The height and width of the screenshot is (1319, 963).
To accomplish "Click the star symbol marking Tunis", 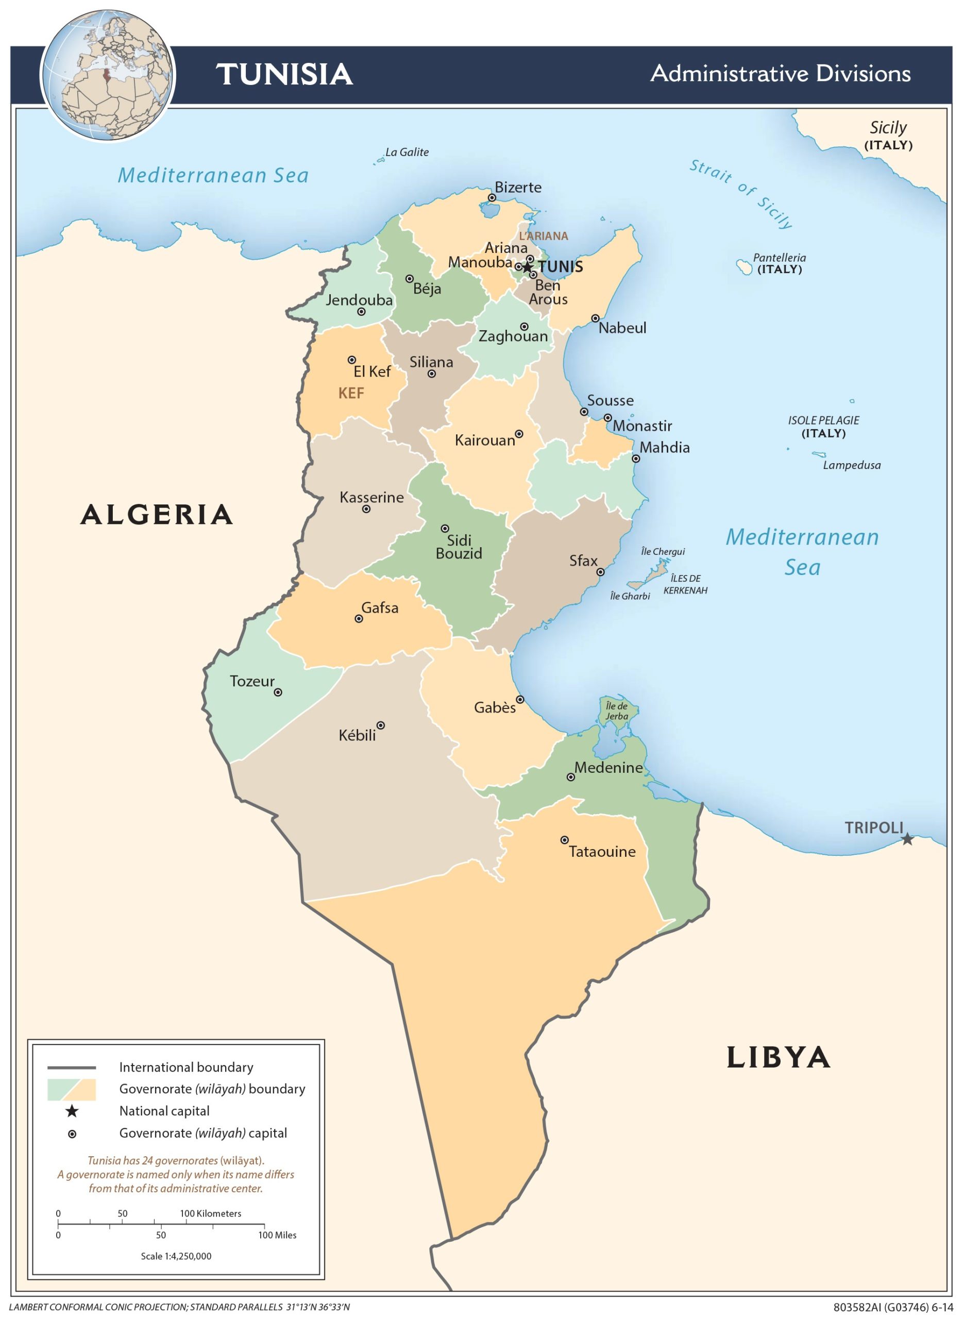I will [x=527, y=267].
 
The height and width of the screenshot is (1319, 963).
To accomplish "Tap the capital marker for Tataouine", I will [x=564, y=840].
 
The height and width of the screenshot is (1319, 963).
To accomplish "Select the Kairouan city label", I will [x=484, y=440].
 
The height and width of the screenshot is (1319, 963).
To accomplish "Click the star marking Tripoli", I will [x=907, y=839].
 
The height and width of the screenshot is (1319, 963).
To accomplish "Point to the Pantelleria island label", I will [x=780, y=263].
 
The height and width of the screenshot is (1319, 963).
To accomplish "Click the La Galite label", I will [x=407, y=152].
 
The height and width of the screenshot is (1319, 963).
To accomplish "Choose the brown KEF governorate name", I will [x=351, y=394].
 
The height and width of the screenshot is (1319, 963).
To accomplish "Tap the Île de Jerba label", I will [x=617, y=711].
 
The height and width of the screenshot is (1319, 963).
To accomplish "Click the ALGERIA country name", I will [x=157, y=515].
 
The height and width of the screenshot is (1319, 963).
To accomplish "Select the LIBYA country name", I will [x=778, y=1058].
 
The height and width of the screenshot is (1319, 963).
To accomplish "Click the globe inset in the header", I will [x=108, y=75].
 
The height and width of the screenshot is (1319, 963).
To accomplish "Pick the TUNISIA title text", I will [x=284, y=75].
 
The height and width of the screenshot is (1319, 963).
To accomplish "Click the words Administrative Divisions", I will [x=780, y=74].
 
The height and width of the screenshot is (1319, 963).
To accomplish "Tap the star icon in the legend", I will [x=72, y=1111].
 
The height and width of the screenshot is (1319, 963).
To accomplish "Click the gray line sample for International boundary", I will [x=71, y=1068].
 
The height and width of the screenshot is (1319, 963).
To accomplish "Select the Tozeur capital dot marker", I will [x=278, y=692].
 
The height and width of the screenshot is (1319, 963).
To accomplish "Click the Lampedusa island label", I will [x=851, y=465].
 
